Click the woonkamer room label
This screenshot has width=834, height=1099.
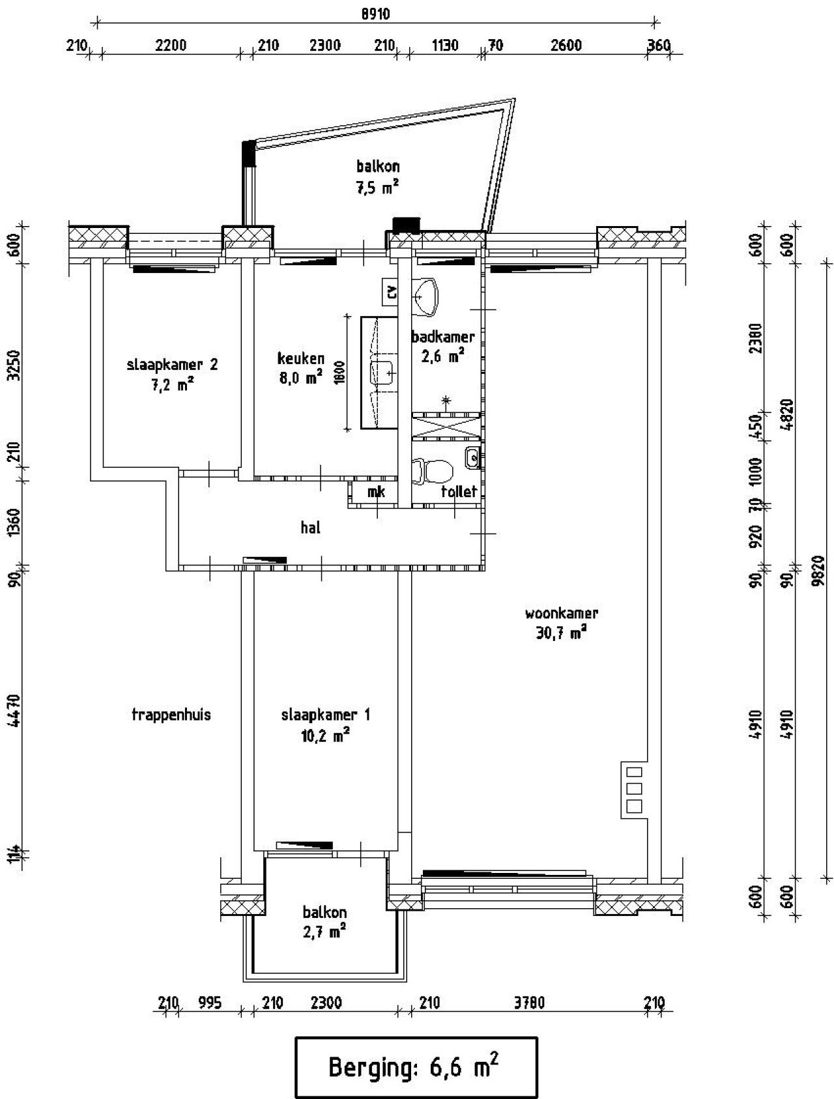(561, 613)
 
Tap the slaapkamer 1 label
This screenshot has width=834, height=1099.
(326, 715)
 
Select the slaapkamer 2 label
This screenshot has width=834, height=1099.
(172, 364)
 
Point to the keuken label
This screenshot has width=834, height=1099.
(300, 358)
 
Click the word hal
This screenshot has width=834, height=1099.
(311, 528)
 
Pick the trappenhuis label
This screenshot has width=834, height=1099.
(171, 715)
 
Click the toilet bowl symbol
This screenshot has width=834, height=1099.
(435, 470)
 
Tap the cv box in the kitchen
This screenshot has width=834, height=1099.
(392, 293)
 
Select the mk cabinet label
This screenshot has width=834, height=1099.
(376, 492)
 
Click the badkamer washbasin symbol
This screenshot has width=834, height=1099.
(425, 296)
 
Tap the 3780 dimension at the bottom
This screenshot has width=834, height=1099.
(529, 1003)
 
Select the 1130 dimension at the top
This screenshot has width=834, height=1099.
(445, 46)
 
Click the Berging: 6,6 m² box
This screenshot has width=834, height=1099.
(416, 1067)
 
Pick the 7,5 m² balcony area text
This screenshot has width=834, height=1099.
(377, 188)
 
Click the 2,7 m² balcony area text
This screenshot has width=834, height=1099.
(324, 932)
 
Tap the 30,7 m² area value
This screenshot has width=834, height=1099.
(561, 633)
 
